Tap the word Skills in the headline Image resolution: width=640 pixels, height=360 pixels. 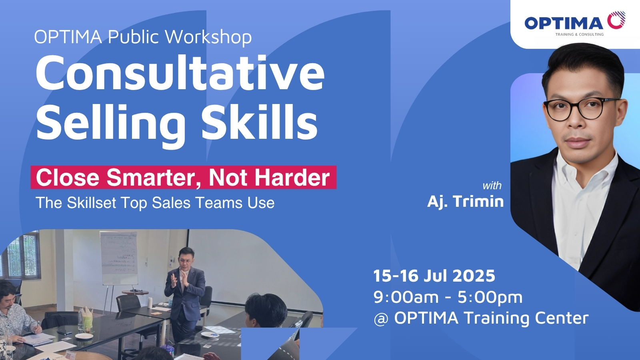260,122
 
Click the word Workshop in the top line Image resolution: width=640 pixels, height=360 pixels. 208,37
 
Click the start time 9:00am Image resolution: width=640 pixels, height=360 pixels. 406,297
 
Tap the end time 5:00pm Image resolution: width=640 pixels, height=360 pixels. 490,298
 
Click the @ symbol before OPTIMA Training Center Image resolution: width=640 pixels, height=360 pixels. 381,318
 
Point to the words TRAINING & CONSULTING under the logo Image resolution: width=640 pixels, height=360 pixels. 580,34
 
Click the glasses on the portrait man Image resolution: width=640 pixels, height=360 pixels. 582,108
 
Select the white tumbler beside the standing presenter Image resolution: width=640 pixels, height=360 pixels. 150,302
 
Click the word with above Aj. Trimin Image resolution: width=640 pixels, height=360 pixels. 492,186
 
